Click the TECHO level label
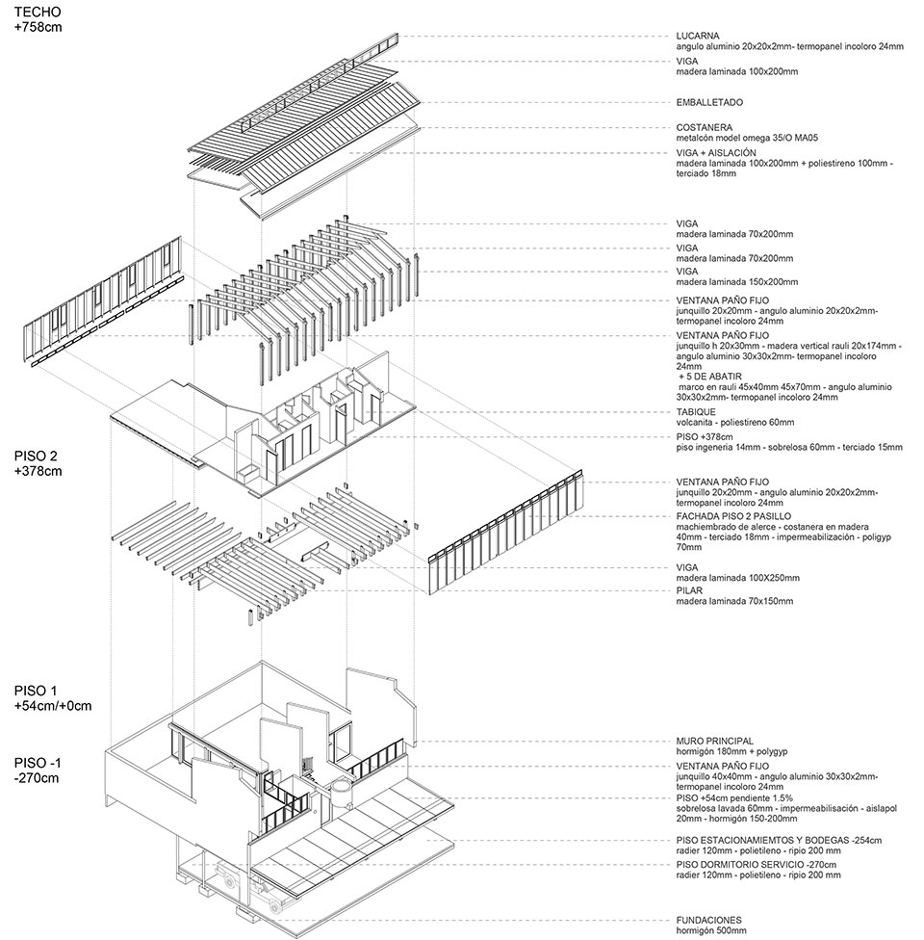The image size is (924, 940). click(38, 13)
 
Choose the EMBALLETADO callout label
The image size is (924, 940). click(709, 102)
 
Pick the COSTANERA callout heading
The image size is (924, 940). click(704, 127)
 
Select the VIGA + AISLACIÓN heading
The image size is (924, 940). click(716, 152)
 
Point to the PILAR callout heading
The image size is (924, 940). click(690, 590)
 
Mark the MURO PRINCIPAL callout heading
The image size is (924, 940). click(714, 741)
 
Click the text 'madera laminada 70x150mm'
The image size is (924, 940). click(734, 601)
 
